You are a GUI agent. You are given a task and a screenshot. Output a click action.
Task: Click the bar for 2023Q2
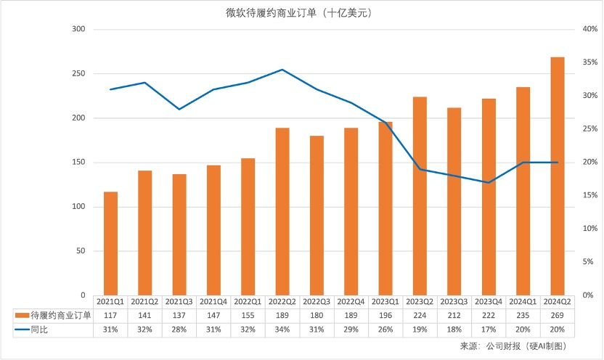(x=420, y=196)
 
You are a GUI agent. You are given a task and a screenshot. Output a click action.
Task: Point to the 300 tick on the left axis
(x=78, y=29)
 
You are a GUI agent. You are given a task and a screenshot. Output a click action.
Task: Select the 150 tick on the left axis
(x=78, y=163)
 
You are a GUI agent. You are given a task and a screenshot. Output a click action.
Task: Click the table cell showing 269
(x=558, y=315)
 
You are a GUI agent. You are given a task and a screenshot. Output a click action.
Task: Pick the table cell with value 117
(x=110, y=315)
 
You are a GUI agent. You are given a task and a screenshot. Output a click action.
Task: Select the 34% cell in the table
(x=282, y=330)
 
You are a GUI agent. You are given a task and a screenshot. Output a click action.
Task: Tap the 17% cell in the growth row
(x=489, y=330)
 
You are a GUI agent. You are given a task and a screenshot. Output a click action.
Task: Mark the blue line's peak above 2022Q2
(x=282, y=70)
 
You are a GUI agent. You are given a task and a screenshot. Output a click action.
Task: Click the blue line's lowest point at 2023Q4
(x=489, y=182)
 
